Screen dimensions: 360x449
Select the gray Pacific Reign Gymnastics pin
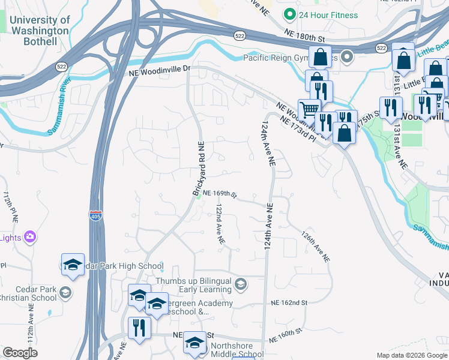pyautogui.click(x=347, y=58)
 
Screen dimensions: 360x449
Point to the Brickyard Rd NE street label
pyautogui.click(x=199, y=169)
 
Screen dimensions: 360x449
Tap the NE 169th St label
pyautogui.click(x=220, y=194)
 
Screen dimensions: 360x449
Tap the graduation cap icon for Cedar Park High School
pyautogui.click(x=73, y=265)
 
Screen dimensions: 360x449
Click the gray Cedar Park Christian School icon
pyautogui.click(x=65, y=293)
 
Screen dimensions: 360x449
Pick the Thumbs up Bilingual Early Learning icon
pyautogui.click(x=241, y=284)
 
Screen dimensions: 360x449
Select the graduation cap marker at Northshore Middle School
pyautogui.click(x=194, y=343)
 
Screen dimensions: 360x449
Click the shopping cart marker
pyautogui.click(x=309, y=109)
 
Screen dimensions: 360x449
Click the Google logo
pyautogui.click(x=20, y=353)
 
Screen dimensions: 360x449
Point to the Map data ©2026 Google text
pyautogui.click(x=411, y=355)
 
